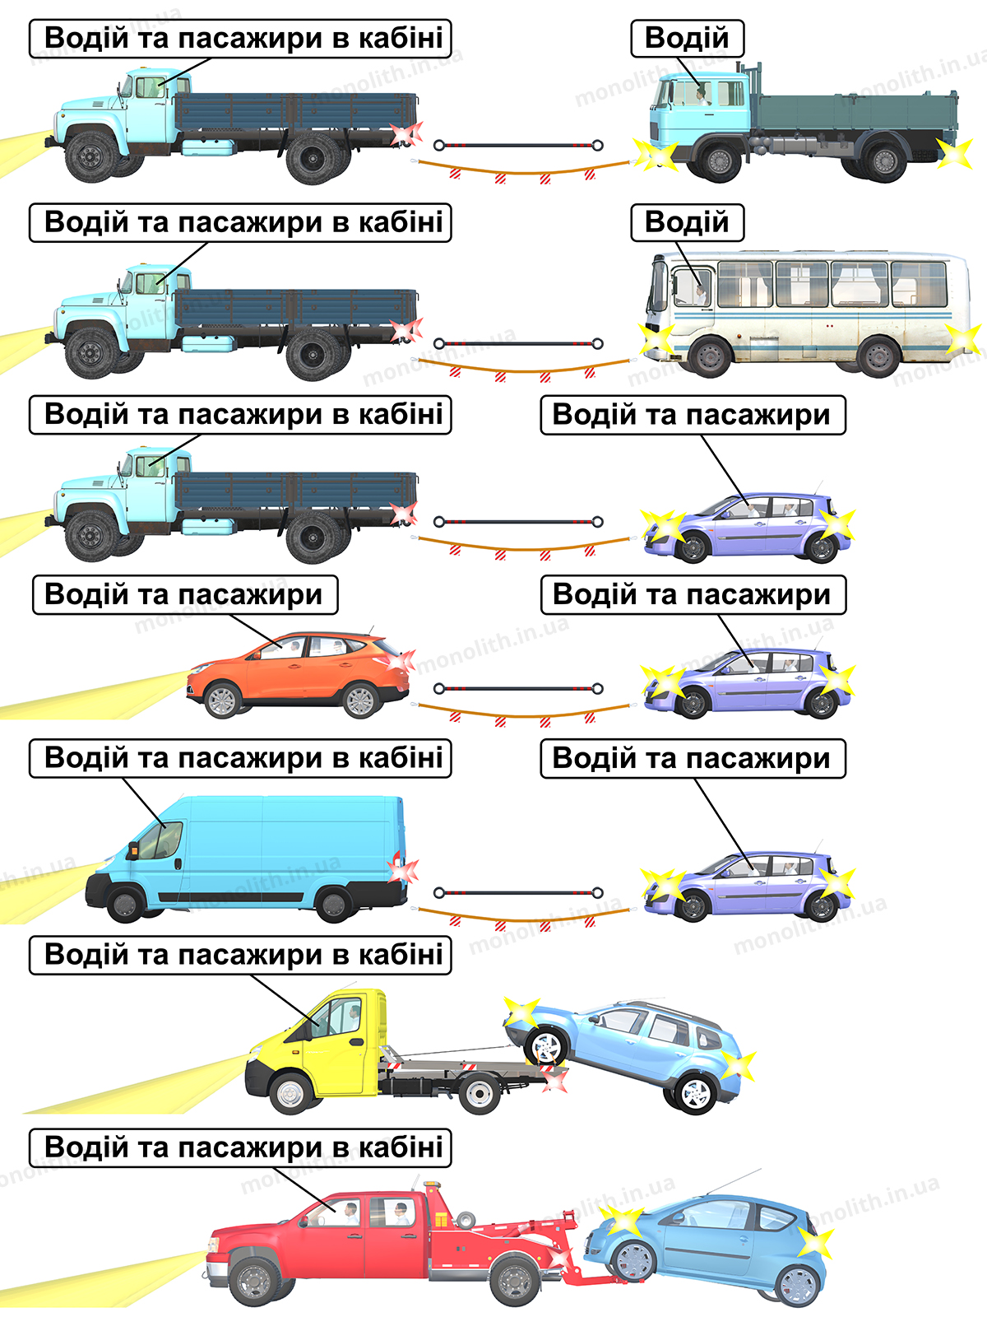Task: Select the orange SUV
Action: pyautogui.click(x=298, y=673)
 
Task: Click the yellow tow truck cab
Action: pyautogui.click(x=317, y=1045)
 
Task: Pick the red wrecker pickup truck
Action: pyautogui.click(x=390, y=1242)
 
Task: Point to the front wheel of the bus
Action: pyautogui.click(x=710, y=356)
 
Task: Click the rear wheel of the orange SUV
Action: pyautogui.click(x=360, y=700)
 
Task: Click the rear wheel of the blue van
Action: pyautogui.click(x=333, y=904)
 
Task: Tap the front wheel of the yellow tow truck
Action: pyautogui.click(x=291, y=1092)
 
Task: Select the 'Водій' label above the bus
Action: pyautogui.click(x=687, y=222)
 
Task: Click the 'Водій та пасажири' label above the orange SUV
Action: pyautogui.click(x=185, y=594)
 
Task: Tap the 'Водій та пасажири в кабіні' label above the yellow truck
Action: pyautogui.click(x=240, y=955)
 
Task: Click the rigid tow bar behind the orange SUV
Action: pyautogui.click(x=518, y=688)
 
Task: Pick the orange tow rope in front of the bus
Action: pyautogui.click(x=521, y=369)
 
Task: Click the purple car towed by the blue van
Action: pyautogui.click(x=747, y=886)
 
